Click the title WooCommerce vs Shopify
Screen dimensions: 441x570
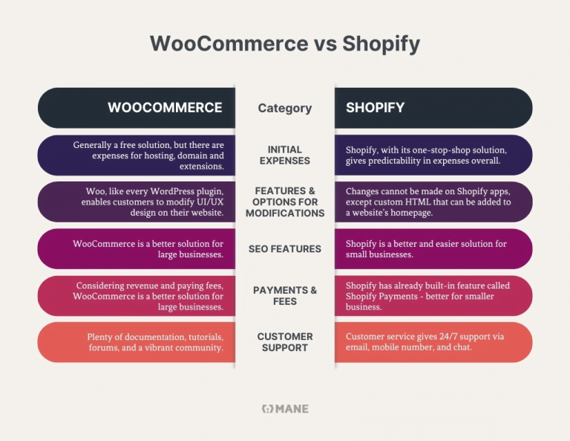coord(284,44)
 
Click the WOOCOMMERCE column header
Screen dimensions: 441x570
coord(165,108)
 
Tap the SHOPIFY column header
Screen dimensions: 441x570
coord(375,108)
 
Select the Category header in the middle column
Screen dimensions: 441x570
coord(284,108)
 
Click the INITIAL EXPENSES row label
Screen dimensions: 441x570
coord(284,155)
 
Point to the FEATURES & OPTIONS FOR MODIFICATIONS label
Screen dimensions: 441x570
coord(284,202)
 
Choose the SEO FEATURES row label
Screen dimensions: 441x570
coord(284,248)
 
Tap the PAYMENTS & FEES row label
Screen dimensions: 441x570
coord(284,295)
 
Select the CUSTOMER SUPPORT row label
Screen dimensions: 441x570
coord(284,342)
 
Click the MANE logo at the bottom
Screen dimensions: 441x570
coord(285,408)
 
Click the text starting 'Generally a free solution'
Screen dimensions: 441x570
coord(148,155)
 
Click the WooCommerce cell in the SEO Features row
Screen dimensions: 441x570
coord(148,248)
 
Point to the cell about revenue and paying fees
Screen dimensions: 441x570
coord(148,296)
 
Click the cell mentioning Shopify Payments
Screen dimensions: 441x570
coord(427,296)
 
